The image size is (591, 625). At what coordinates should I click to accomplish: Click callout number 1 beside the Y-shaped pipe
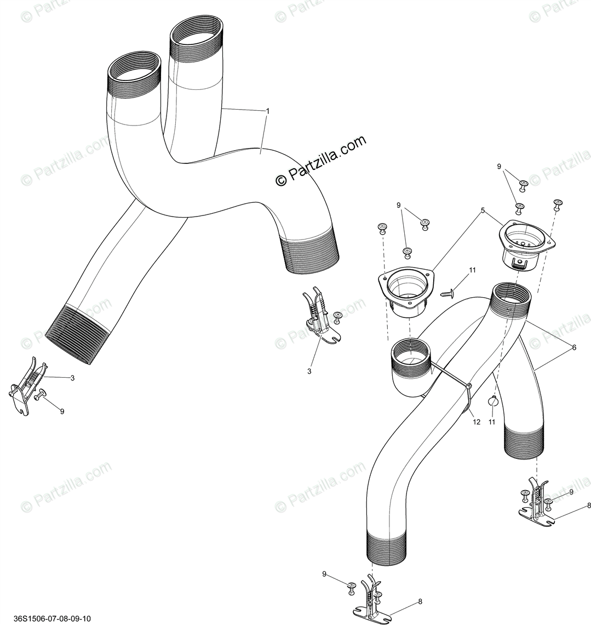pyautogui.click(x=268, y=111)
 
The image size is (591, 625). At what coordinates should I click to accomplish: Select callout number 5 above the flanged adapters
pyautogui.click(x=483, y=210)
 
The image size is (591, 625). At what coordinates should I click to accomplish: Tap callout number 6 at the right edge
pyautogui.click(x=574, y=348)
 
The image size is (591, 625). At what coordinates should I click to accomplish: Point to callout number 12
pyautogui.click(x=477, y=422)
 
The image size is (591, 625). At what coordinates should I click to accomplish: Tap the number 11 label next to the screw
pyautogui.click(x=472, y=270)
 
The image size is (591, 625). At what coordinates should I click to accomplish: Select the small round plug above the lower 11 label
pyautogui.click(x=493, y=401)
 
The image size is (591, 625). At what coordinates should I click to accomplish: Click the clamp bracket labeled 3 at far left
pyautogui.click(x=26, y=386)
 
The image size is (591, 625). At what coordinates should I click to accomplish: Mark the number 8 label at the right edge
pyautogui.click(x=588, y=506)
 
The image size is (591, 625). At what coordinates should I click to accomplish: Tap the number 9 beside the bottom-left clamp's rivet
pyautogui.click(x=62, y=412)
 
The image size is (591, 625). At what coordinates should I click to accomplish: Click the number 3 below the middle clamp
pyautogui.click(x=309, y=371)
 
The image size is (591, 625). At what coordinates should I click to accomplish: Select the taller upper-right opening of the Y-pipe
pyautogui.click(x=197, y=32)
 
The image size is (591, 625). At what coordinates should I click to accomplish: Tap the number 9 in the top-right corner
pyautogui.click(x=499, y=167)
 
